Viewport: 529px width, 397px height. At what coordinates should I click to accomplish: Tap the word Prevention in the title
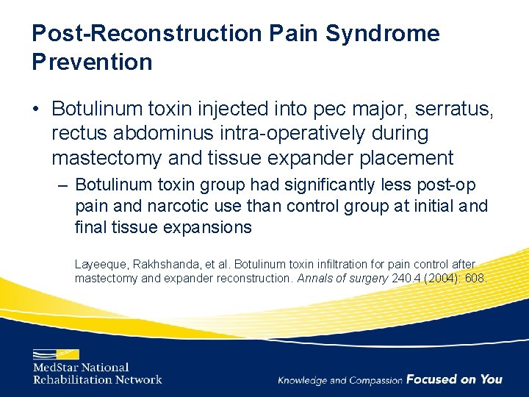coord(92,62)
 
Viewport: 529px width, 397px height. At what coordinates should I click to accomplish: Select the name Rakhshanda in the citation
coord(171,264)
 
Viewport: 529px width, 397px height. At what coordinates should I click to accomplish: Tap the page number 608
coord(474,279)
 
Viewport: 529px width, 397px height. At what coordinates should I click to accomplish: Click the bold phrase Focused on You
coord(454,379)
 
